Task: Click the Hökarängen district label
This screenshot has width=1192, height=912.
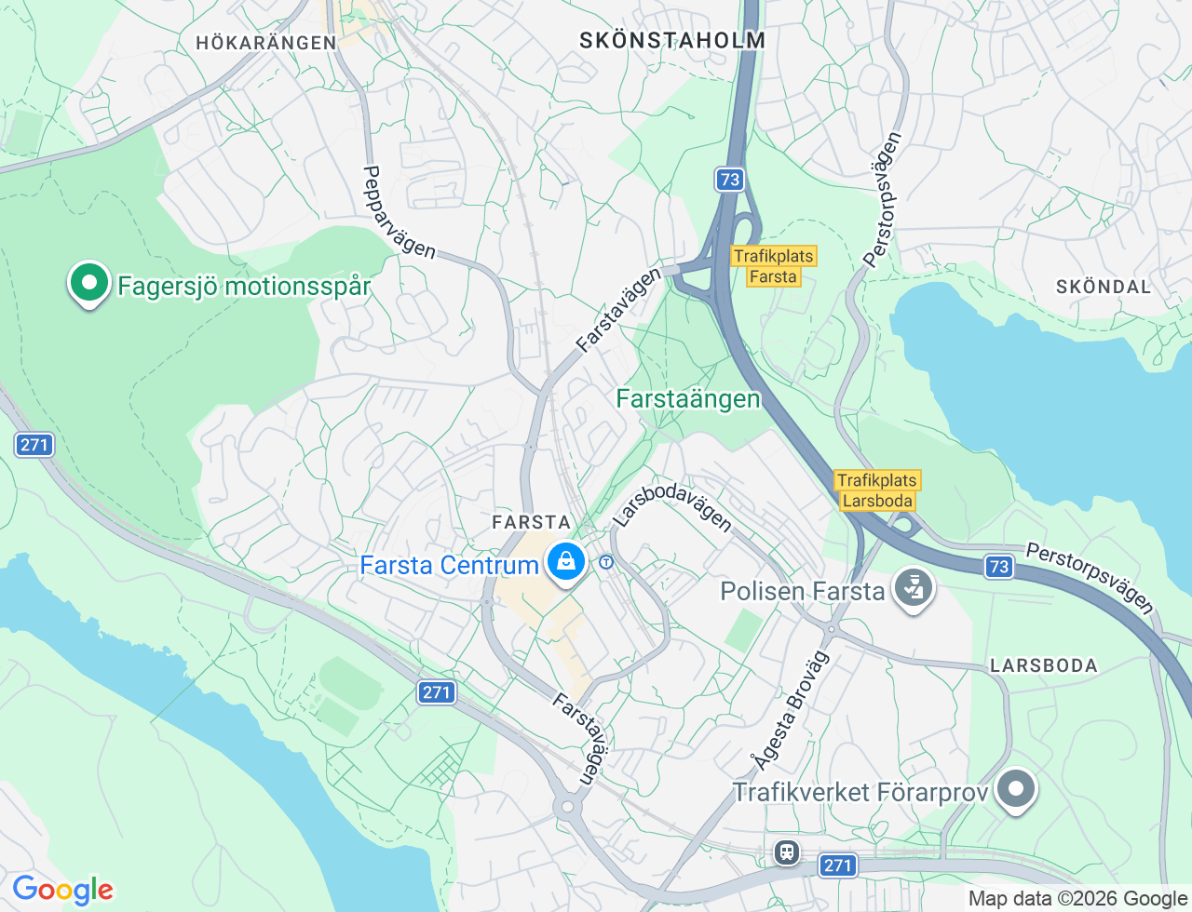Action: coord(266,43)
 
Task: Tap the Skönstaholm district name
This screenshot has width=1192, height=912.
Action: coord(672,40)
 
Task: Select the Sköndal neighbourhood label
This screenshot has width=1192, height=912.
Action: coord(1104,287)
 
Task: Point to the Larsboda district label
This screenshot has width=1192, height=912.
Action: coord(1044,665)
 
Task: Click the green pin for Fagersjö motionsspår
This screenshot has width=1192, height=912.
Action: coord(88,283)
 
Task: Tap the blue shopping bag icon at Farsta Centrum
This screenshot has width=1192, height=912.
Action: coord(565,562)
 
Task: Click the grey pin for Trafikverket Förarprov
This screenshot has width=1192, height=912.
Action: coord(1016,790)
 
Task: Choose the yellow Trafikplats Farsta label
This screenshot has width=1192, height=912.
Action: coord(774,266)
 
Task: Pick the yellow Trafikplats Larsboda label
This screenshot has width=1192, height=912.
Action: coord(876,490)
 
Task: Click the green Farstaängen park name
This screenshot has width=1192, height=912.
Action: coord(688,399)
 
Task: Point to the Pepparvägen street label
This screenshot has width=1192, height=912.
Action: coord(399,212)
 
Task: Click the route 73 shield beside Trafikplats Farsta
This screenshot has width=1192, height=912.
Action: coord(730,180)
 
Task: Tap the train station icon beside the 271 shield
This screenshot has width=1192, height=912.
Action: coord(787,852)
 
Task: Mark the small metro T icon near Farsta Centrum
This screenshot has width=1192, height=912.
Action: coord(606,562)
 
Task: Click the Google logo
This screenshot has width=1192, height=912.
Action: coord(62,890)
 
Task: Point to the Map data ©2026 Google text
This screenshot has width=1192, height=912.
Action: coord(1077,898)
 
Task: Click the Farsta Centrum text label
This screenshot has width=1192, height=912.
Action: coord(449,565)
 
